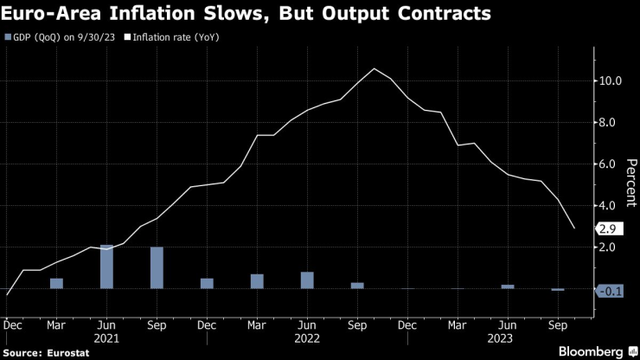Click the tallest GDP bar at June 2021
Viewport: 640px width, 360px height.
[x=106, y=267]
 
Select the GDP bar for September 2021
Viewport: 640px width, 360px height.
[x=157, y=267]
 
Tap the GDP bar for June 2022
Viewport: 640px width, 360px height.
[x=307, y=280]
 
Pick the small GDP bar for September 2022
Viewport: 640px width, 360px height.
[x=357, y=285]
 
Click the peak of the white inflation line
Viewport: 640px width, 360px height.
[x=374, y=69]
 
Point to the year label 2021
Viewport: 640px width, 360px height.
[x=106, y=338]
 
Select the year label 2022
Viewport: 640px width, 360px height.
[x=307, y=338]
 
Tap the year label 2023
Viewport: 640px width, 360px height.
[x=508, y=338]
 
